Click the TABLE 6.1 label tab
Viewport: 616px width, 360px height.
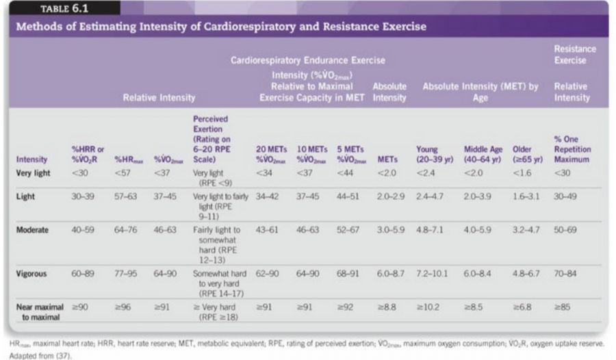coord(58,9)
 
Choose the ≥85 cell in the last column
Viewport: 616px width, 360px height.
coord(562,308)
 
